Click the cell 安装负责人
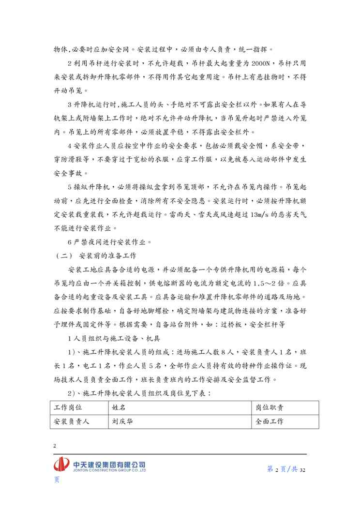coord(74,421)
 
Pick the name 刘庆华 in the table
coord(122,421)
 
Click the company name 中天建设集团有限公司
coord(109,464)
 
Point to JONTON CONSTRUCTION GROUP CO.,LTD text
coord(109,470)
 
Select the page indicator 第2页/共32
coord(287,469)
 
